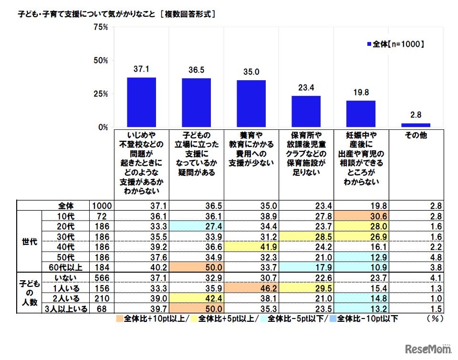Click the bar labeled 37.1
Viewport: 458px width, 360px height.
coord(141,102)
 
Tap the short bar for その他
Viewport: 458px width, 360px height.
coord(416,125)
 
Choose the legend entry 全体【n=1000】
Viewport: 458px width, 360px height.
coord(395,44)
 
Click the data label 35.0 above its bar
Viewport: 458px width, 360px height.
coord(250,72)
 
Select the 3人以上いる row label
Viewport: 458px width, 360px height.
coord(65,309)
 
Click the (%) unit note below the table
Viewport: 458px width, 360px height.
coord(432,318)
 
